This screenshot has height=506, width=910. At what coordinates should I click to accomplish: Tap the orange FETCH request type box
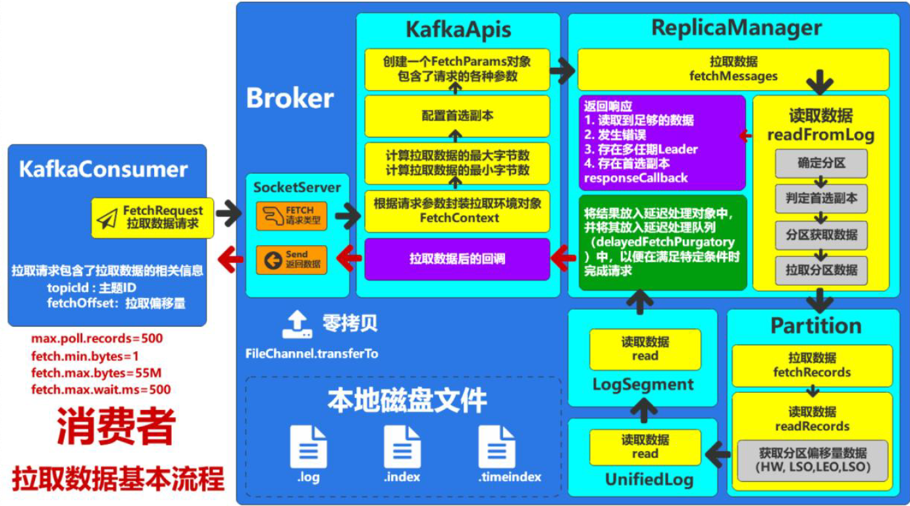pyautogui.click(x=291, y=216)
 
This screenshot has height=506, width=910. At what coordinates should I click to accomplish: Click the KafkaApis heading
pyautogui.click(x=458, y=30)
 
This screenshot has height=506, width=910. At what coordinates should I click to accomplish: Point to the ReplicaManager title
pyautogui.click(x=736, y=28)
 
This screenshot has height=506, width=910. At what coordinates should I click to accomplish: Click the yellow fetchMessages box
pyautogui.click(x=733, y=69)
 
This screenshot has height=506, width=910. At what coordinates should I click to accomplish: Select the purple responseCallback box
pyautogui.click(x=662, y=142)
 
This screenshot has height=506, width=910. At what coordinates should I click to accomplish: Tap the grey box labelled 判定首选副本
pyautogui.click(x=821, y=198)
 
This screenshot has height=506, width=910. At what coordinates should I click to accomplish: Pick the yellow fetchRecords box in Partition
pyautogui.click(x=812, y=365)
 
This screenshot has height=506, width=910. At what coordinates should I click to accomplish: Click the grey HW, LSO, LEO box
pyautogui.click(x=812, y=460)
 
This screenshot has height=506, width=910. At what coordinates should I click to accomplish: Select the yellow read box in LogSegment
pyautogui.click(x=645, y=349)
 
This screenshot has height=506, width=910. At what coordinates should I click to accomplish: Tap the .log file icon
pyautogui.click(x=308, y=448)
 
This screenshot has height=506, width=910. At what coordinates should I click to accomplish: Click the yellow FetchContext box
pyautogui.click(x=458, y=210)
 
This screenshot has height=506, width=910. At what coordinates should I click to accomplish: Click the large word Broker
pyautogui.click(x=290, y=98)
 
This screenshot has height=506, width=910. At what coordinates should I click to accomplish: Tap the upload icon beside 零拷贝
pyautogui.click(x=296, y=325)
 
